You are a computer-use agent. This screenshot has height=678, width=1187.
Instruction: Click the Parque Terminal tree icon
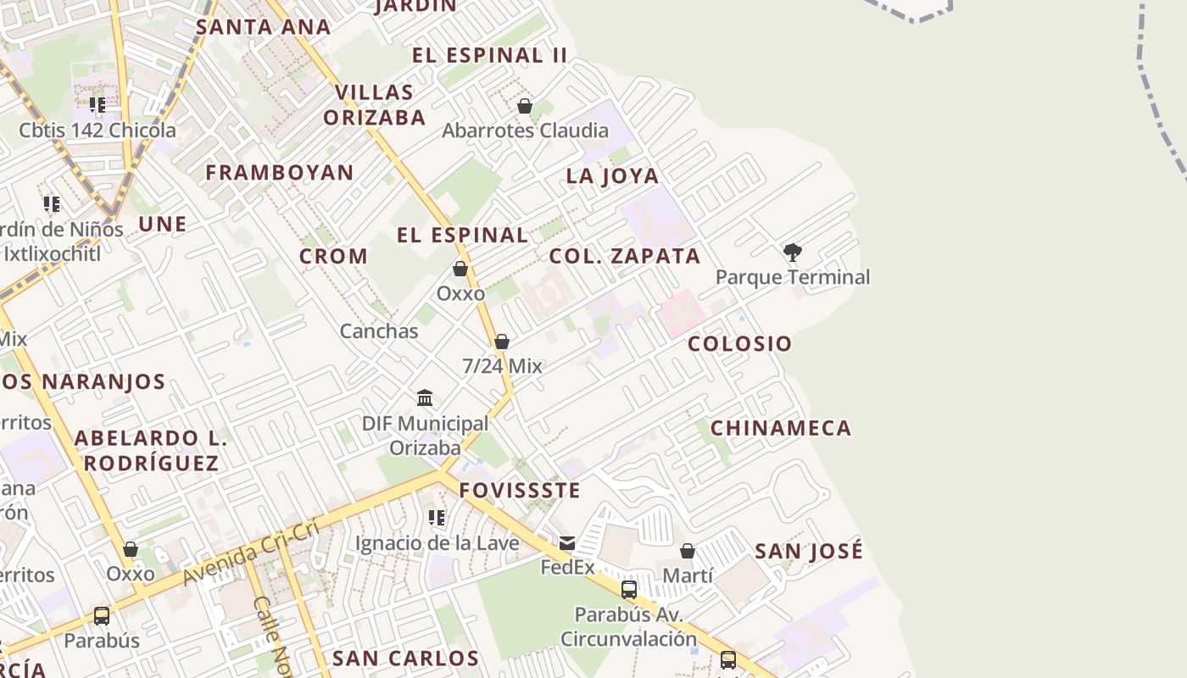tap(793, 252)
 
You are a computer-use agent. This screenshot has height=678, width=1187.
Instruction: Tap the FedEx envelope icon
tap(566, 542)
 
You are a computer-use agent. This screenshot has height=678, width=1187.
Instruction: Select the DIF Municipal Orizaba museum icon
tap(425, 397)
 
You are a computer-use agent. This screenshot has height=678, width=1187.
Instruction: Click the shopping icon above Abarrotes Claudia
tap(525, 106)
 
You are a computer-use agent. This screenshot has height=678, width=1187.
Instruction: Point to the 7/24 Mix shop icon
tap(502, 342)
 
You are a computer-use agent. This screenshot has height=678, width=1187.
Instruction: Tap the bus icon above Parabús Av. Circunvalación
tap(629, 590)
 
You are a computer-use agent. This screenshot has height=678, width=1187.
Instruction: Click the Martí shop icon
tap(688, 551)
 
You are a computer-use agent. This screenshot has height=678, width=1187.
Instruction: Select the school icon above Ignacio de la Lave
tap(437, 517)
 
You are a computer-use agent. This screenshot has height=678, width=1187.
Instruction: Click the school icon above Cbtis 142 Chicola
tap(98, 105)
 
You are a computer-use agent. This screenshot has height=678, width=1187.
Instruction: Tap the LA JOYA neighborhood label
tap(612, 176)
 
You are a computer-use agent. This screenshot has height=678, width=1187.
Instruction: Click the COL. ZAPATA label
tap(625, 256)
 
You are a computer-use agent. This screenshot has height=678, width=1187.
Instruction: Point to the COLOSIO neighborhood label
tap(739, 343)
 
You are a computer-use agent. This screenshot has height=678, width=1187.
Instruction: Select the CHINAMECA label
tap(780, 428)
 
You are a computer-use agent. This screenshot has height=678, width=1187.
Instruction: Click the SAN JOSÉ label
tap(809, 551)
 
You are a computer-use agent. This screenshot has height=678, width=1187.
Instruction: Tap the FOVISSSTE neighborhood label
tap(520, 490)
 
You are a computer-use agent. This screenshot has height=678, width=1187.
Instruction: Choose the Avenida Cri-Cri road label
tap(250, 553)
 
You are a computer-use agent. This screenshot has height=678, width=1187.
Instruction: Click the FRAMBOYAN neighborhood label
tap(280, 173)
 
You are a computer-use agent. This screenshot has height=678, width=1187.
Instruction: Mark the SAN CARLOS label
tap(405, 659)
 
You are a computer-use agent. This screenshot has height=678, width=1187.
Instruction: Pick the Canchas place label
tap(379, 331)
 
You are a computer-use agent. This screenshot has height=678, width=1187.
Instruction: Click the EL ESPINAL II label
tap(489, 56)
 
